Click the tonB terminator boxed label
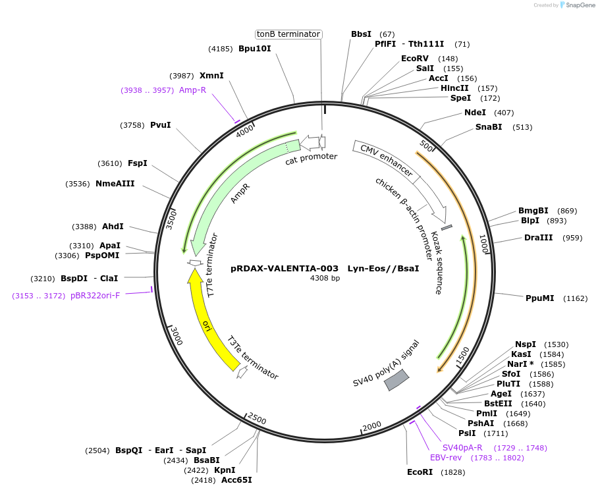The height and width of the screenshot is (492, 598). coord(288,34)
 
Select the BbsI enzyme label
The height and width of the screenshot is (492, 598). coord(361,34)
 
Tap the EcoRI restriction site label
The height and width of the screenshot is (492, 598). coord(419,472)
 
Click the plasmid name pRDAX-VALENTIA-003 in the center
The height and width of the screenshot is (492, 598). coord(285,269)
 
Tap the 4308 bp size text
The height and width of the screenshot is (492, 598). coord(325,279)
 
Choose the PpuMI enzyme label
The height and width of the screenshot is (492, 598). coord(539,298)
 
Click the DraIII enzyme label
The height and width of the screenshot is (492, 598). coord(538,238)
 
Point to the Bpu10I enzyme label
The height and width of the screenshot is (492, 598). coord(254,48)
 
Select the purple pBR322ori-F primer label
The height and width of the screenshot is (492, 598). coord(95,296)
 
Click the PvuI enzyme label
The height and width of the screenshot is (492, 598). coord(160,124)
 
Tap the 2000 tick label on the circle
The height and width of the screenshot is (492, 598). coord(372,425)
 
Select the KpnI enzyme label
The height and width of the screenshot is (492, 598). coord(225,470)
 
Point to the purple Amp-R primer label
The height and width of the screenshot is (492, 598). coord(192,90)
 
